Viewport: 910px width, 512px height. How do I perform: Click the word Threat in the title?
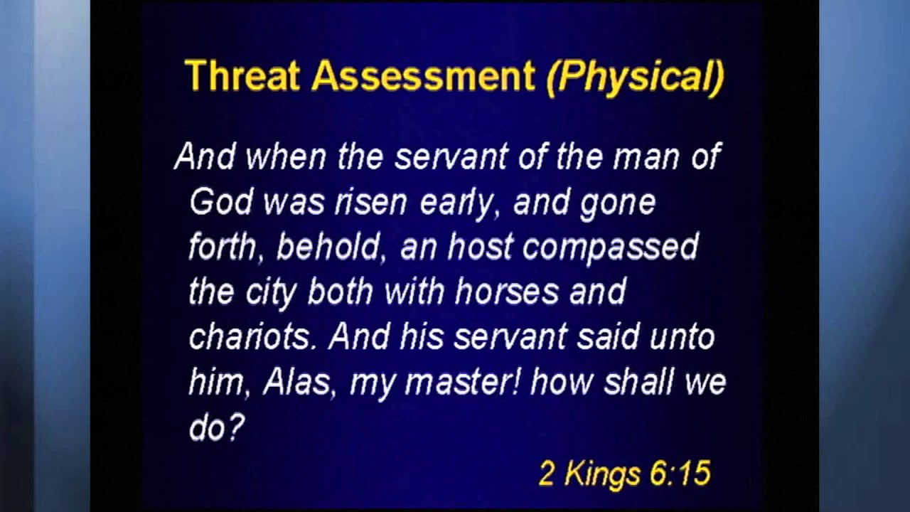242,76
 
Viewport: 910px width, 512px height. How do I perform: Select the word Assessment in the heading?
423,76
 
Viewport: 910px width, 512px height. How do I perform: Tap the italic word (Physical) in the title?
635,76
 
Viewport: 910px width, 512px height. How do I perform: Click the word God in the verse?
220,203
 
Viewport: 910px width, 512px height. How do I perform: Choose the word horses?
505,292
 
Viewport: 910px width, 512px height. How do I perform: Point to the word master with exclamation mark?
463,383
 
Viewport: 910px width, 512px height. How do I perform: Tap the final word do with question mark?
215,427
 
